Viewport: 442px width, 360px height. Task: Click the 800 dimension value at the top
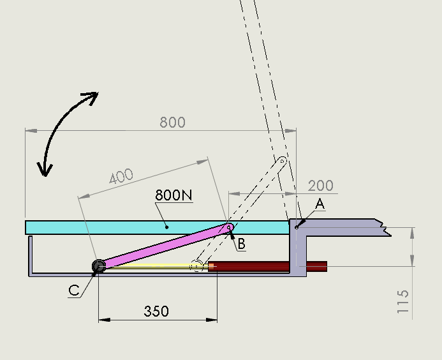click(x=172, y=122)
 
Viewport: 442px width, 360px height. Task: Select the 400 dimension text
click(x=121, y=177)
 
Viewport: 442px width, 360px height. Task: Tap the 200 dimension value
click(x=320, y=185)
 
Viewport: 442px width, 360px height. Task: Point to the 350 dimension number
click(x=156, y=311)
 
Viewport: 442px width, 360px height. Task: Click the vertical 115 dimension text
click(x=402, y=301)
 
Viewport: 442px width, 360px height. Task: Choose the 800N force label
click(x=173, y=195)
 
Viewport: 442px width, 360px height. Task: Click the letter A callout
click(x=320, y=204)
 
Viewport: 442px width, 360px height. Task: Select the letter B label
click(x=240, y=243)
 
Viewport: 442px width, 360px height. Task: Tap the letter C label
click(x=74, y=290)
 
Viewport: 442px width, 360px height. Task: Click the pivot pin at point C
click(x=99, y=266)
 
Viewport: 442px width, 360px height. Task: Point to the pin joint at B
click(x=230, y=227)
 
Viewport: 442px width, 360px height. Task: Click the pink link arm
click(x=163, y=246)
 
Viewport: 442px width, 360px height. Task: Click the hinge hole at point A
click(x=297, y=226)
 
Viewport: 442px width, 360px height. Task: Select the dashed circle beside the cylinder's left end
click(x=197, y=266)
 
